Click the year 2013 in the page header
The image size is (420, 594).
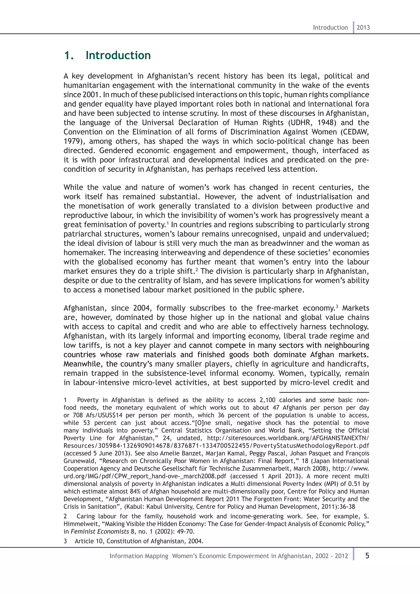tap(363, 27)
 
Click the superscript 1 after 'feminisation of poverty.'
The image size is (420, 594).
tap(168, 223)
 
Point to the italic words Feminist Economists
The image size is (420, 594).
tap(100, 531)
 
